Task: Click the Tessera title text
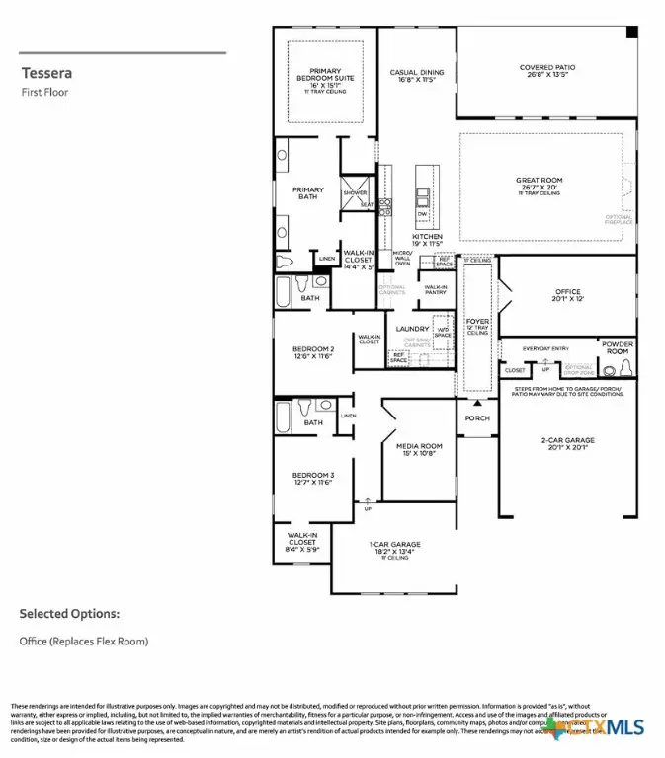[x=45, y=73]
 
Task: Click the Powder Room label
[x=618, y=347]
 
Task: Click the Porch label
[x=477, y=417]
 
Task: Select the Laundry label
[x=411, y=329]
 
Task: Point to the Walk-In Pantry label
[x=436, y=290]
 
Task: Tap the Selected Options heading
[x=69, y=614]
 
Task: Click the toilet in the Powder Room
[x=623, y=369]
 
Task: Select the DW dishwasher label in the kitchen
[x=423, y=214]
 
